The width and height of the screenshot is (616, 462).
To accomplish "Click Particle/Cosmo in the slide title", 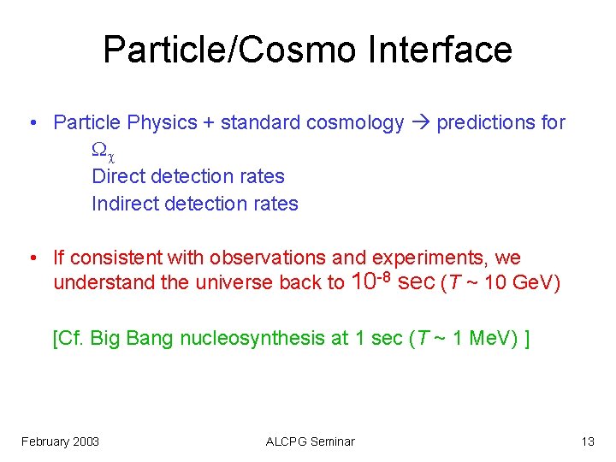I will tap(230, 50).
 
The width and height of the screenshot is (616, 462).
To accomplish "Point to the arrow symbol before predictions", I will tap(420, 122).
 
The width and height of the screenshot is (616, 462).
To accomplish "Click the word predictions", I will tap(486, 122).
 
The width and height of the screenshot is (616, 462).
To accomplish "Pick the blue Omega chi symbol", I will tap(102, 150).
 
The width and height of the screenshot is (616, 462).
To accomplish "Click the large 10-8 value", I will tap(372, 280).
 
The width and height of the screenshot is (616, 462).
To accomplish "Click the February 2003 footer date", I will tap(60, 441).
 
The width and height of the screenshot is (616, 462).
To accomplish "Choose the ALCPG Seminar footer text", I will tap(310, 441).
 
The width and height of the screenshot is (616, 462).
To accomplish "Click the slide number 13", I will tap(587, 441).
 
